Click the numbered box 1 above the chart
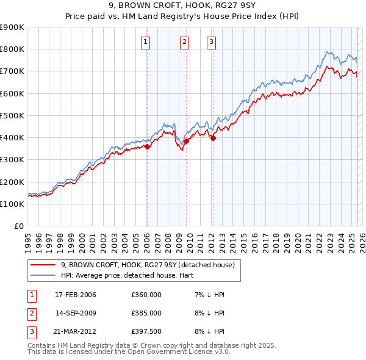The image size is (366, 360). [x=146, y=42]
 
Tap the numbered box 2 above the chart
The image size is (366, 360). [x=184, y=42]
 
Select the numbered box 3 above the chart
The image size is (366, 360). [x=211, y=42]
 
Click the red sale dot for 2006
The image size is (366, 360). [x=147, y=146]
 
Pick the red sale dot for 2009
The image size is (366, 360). [x=186, y=141]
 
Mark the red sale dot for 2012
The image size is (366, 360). [x=213, y=139]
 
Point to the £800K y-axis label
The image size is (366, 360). [x=12, y=49]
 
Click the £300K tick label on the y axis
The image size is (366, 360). [x=12, y=160]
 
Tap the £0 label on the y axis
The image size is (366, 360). [x=18, y=226]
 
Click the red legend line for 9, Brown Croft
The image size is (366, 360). [x=43, y=265]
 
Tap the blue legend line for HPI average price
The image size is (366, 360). [x=43, y=275]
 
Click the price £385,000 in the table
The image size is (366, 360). [x=146, y=312]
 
